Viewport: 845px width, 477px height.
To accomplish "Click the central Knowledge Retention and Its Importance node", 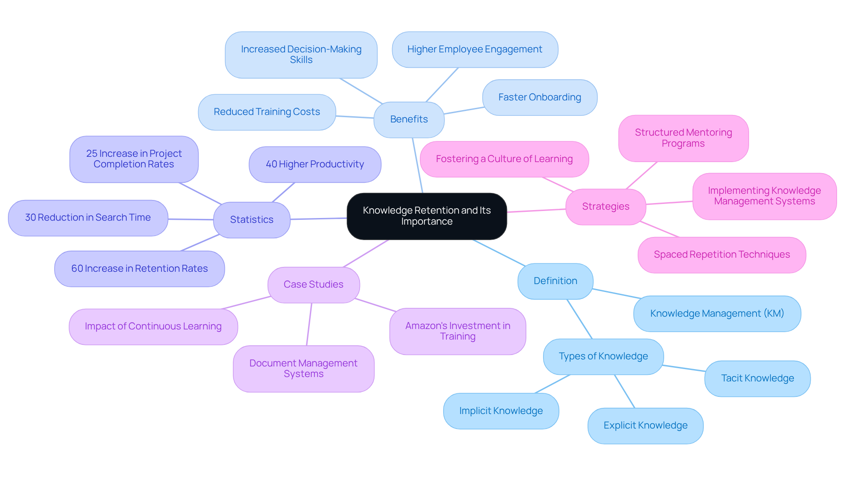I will (x=426, y=216).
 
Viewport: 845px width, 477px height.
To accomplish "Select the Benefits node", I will (x=409, y=119).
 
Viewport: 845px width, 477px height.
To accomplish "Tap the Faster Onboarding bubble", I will (x=540, y=97).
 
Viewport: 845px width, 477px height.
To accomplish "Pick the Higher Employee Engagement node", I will (x=474, y=49).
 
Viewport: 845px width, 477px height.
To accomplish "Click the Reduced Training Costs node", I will (x=267, y=112).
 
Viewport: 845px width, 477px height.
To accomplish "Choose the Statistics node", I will (x=252, y=220).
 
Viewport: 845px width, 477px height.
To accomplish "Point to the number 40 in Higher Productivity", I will (x=271, y=164).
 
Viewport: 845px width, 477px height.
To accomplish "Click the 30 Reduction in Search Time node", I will (x=88, y=218).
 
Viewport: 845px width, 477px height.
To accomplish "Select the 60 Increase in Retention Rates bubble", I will (x=140, y=269).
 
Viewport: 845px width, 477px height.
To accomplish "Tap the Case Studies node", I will (x=313, y=285).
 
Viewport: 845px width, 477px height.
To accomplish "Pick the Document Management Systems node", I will (x=303, y=369).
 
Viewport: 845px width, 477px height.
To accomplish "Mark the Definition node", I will (x=555, y=281).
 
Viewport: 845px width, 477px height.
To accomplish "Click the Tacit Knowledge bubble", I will (x=757, y=378).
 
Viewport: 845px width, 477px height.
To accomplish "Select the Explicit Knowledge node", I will (x=645, y=425).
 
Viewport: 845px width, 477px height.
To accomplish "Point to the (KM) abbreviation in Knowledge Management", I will (x=774, y=314).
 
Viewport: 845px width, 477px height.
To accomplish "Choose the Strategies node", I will (x=606, y=207).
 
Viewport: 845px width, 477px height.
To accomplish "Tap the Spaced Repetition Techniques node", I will (x=722, y=255).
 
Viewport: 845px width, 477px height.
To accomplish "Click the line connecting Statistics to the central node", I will (x=319, y=218).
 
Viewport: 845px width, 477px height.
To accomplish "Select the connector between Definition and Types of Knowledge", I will (x=580, y=319).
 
